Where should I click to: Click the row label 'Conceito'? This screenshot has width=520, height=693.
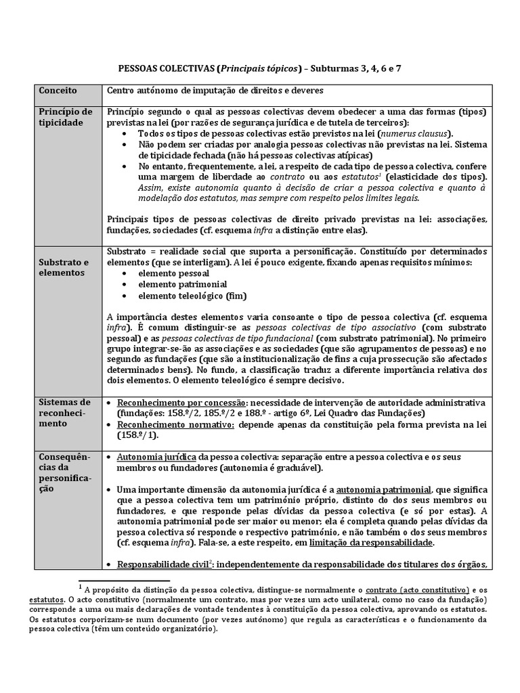click(x=58, y=91)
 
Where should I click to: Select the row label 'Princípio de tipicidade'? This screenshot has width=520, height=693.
click(x=65, y=117)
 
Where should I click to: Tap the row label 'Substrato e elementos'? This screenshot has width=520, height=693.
click(x=63, y=267)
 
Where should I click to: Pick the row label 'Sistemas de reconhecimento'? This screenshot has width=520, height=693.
click(x=64, y=413)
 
